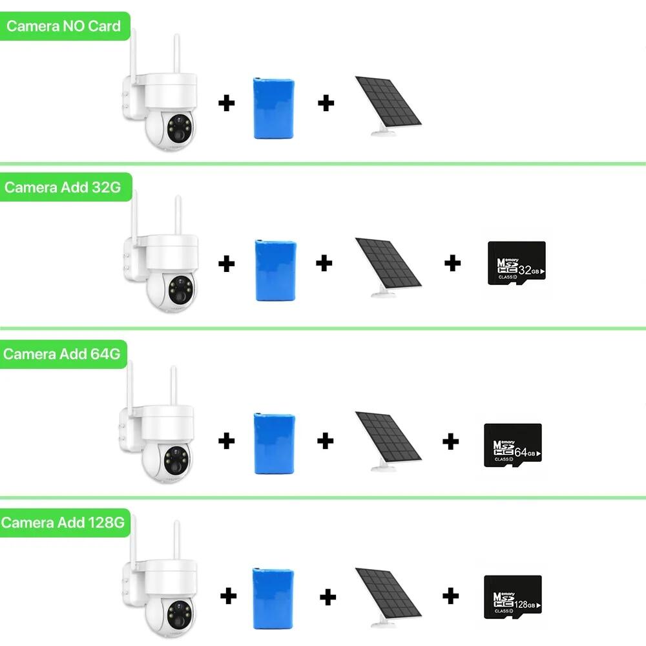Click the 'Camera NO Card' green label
pyautogui.click(x=63, y=26)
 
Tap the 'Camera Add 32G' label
pyautogui.click(x=62, y=187)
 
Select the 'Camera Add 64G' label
pyautogui.click(x=62, y=355)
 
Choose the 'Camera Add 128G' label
pyautogui.click(x=62, y=522)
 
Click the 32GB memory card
pyautogui.click(x=516, y=262)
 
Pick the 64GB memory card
pyautogui.click(x=512, y=446)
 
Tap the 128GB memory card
pyautogui.click(x=512, y=598)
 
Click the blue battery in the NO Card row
pyautogui.click(x=274, y=109)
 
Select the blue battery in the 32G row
pyautogui.click(x=275, y=270)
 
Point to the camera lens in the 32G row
pyautogui.click(x=179, y=289)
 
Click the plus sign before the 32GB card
pyautogui.click(x=453, y=263)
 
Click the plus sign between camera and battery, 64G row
pyautogui.click(x=226, y=441)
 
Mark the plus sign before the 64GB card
pyautogui.click(x=451, y=442)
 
